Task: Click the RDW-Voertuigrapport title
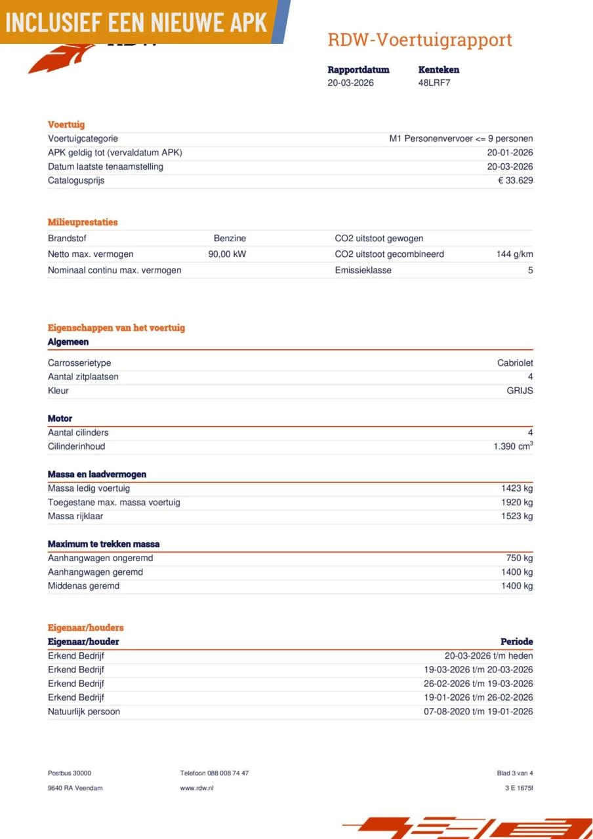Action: pos(419,40)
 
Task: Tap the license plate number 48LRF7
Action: pos(434,83)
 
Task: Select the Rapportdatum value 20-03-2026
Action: pos(350,83)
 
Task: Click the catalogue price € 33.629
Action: pos(515,180)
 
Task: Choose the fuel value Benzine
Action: pos(230,239)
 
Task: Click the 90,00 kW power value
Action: pos(227,254)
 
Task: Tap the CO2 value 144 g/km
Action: pos(514,254)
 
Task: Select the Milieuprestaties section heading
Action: pos(83,222)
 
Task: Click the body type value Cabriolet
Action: pos(515,363)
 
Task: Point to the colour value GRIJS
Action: pos(519,391)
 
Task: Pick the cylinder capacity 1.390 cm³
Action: pos(513,446)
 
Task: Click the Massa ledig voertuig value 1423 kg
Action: pos(517,488)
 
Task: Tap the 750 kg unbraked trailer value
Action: pos(520,558)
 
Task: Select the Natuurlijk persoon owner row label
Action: pos(84,712)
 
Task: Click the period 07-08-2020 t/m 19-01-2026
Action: pos(478,712)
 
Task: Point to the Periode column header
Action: pos(516,642)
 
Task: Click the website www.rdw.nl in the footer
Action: pos(197,788)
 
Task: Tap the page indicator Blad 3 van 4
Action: pos(515,773)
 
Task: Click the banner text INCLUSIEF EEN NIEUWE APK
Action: pos(136,22)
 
